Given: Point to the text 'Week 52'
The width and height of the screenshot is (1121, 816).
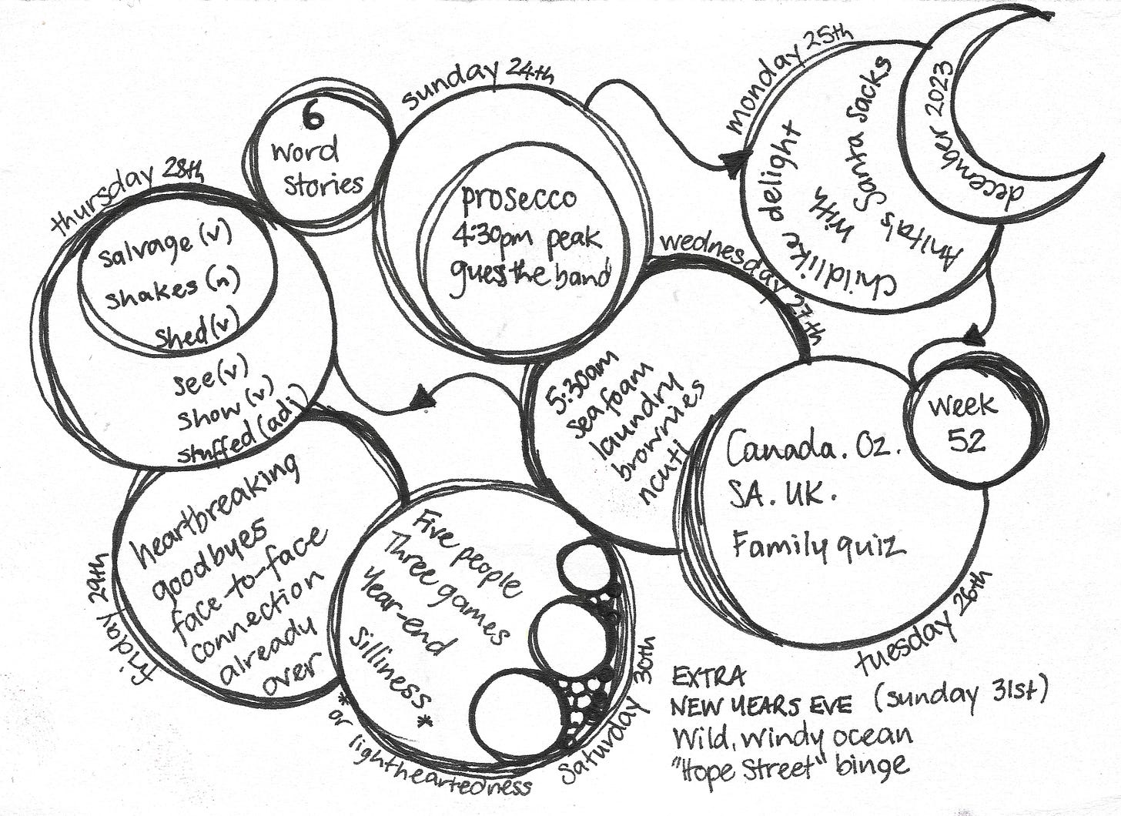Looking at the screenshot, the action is click(x=962, y=421).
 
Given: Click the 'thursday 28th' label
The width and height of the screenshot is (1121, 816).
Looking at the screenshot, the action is click(x=128, y=196).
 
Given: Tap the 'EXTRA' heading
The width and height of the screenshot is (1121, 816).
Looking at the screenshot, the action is click(x=708, y=677).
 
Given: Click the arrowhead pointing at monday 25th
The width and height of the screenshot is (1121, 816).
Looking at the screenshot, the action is click(x=725, y=160).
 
